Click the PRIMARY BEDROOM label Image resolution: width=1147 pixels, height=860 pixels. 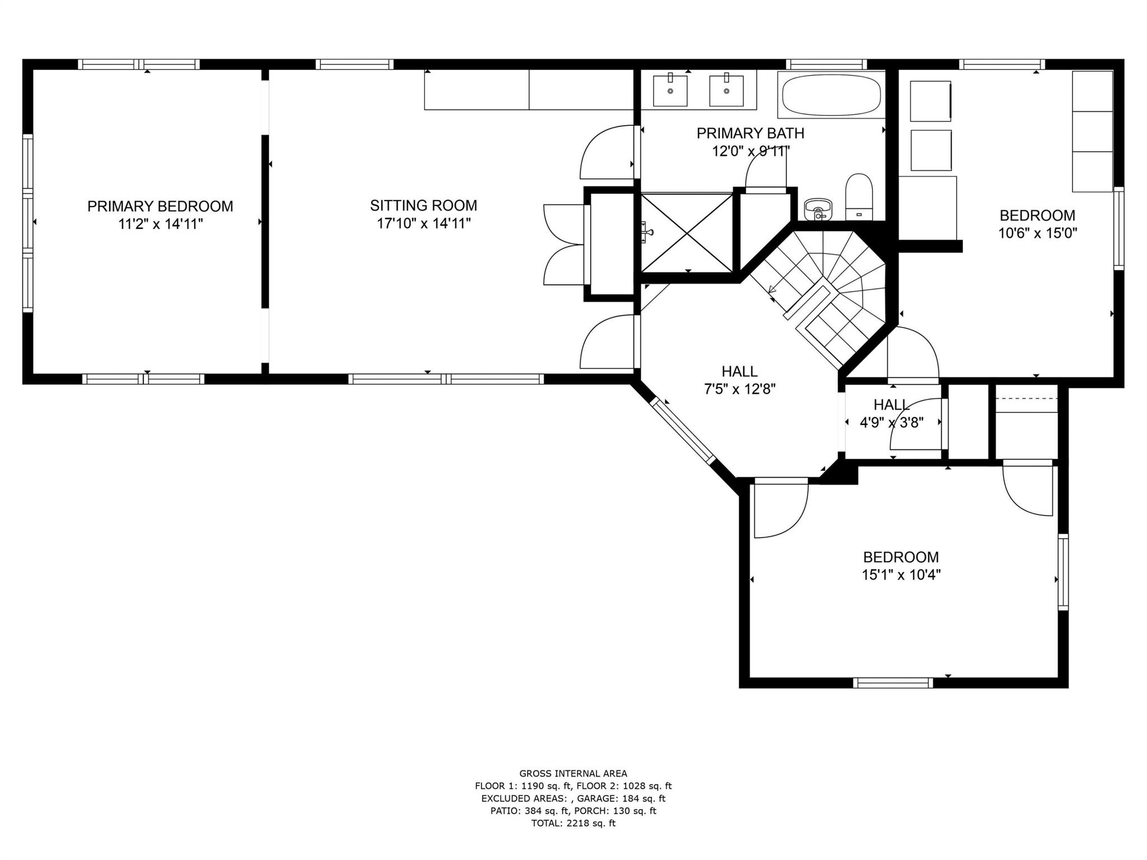pyautogui.click(x=160, y=206)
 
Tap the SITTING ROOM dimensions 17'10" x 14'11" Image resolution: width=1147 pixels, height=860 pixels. pyautogui.click(x=423, y=223)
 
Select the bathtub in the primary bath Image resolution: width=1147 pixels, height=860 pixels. pyautogui.click(x=831, y=95)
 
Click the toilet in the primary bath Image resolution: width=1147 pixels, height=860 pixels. pyautogui.click(x=859, y=197)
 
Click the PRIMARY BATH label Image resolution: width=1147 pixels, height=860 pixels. pyautogui.click(x=750, y=133)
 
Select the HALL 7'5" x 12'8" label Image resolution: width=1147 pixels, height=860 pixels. pyautogui.click(x=740, y=380)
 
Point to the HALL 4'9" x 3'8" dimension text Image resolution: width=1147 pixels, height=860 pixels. pyautogui.click(x=892, y=422)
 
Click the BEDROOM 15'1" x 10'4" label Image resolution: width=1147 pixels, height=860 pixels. pyautogui.click(x=901, y=565)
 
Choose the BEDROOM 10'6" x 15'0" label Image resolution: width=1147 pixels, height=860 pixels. pyautogui.click(x=1038, y=224)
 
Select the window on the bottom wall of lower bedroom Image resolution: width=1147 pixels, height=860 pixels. pyautogui.click(x=893, y=683)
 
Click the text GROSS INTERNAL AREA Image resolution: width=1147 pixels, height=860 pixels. pyautogui.click(x=573, y=774)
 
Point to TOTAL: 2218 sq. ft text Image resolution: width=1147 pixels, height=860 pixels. pyautogui.click(x=573, y=823)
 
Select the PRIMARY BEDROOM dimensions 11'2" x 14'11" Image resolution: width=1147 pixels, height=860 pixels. pyautogui.click(x=160, y=224)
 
